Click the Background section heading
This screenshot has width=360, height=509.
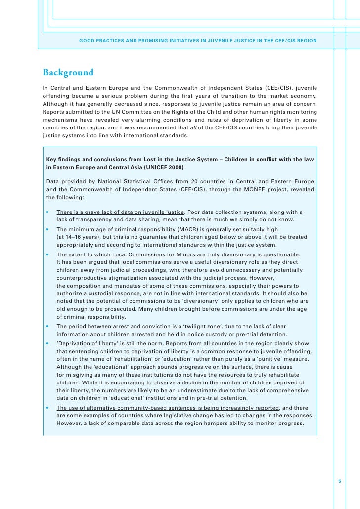point(68,73)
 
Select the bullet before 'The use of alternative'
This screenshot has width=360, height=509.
point(47,408)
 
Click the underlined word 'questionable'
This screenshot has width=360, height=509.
point(279,254)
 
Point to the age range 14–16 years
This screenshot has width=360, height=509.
point(80,237)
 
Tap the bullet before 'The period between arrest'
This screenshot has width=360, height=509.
point(47,326)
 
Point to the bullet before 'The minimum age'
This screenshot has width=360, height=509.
point(47,229)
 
